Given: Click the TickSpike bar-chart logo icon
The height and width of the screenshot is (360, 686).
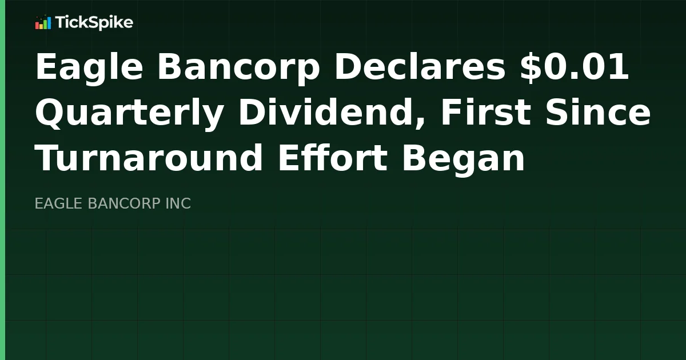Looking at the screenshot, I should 43,23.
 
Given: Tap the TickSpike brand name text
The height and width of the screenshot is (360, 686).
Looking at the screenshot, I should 94,23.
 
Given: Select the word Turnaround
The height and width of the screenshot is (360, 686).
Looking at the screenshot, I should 149,158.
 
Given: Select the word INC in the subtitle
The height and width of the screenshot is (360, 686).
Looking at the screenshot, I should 178,203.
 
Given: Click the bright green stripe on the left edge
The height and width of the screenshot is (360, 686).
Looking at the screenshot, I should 2,180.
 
